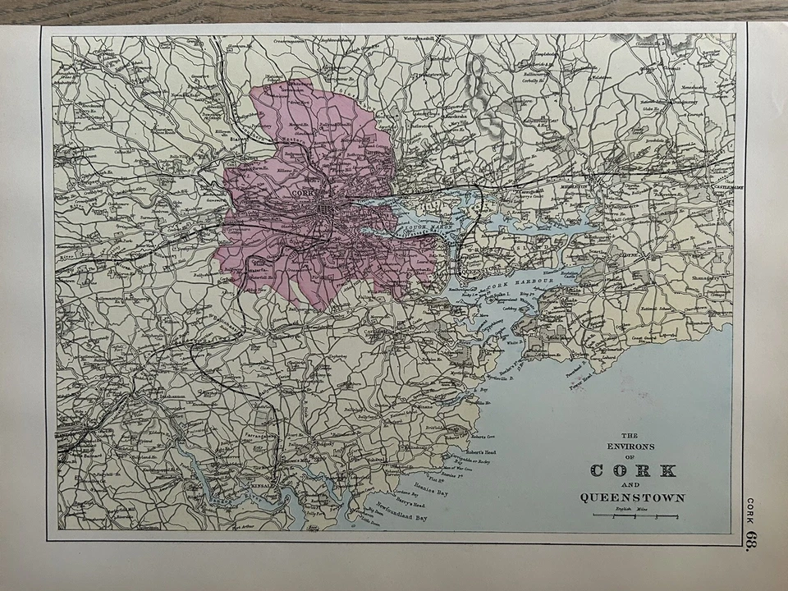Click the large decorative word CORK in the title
pyautogui.click(x=633, y=470)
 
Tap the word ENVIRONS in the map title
pyautogui.click(x=632, y=446)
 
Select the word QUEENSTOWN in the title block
pyautogui.click(x=632, y=497)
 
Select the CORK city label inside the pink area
pyautogui.click(x=303, y=193)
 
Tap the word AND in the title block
pyautogui.click(x=632, y=483)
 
